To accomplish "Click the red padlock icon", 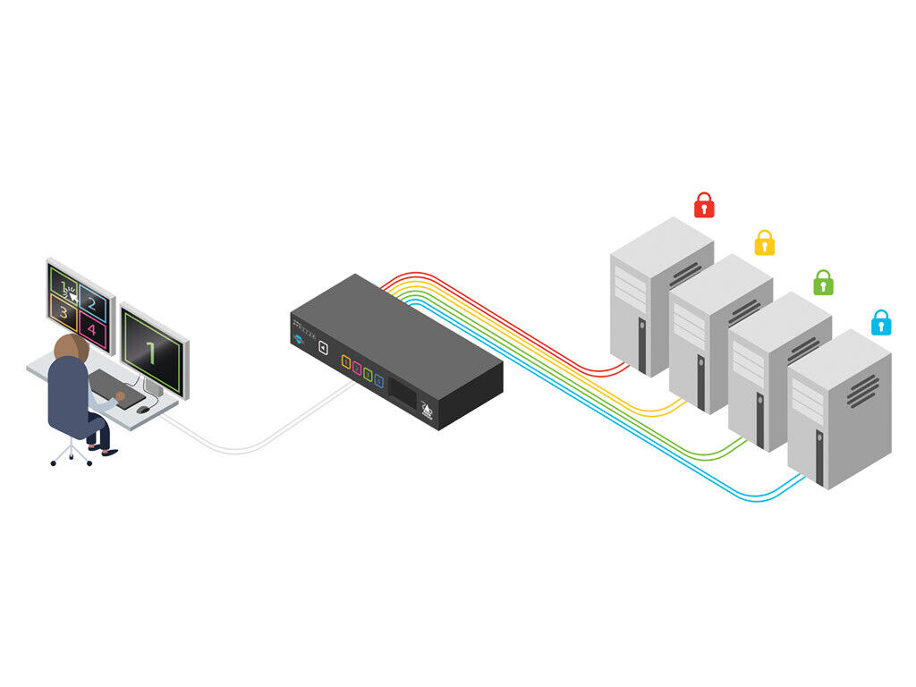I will tap(705, 205).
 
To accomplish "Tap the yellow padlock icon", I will tap(764, 243).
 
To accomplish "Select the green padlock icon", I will tap(823, 283).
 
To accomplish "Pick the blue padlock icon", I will tap(881, 322).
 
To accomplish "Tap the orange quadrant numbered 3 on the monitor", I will tap(64, 312).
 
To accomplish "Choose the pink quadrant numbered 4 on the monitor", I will tap(92, 330).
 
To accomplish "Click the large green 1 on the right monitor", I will tap(152, 353).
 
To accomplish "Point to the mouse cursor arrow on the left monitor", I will tap(69, 292).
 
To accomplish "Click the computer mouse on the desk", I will tap(143, 409).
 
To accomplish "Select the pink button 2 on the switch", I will tap(357, 367).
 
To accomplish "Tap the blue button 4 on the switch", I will tap(378, 381).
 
